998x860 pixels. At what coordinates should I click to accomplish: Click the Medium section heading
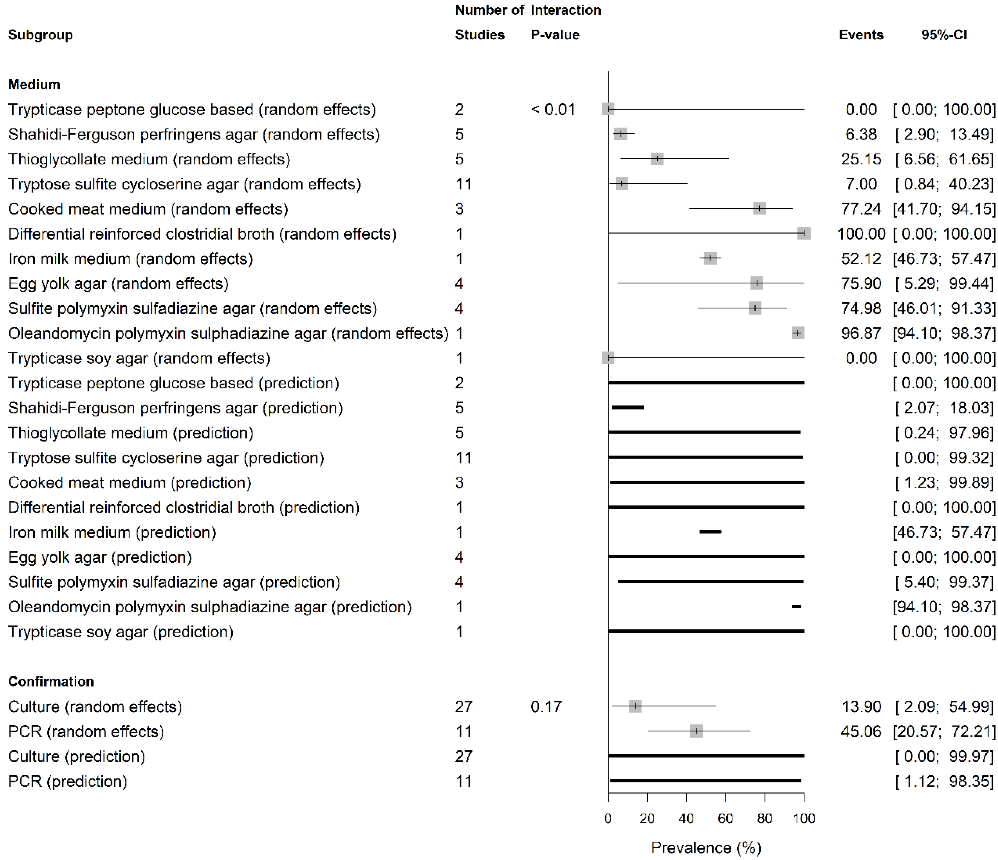pos(34,85)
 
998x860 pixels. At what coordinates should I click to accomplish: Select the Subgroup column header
pos(40,35)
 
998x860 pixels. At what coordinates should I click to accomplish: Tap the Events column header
pos(861,35)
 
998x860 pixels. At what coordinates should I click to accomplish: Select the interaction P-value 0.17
pos(546,706)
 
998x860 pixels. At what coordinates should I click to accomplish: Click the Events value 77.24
pos(861,209)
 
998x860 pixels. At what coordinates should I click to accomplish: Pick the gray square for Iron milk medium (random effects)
pos(710,259)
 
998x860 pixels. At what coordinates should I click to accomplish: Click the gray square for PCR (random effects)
pos(696,731)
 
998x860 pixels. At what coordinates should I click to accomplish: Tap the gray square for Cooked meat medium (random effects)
pos(759,209)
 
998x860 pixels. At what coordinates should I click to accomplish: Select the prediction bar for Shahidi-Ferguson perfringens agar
pos(628,408)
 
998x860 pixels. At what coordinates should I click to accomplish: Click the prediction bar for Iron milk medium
pos(710,532)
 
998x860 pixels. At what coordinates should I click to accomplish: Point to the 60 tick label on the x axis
pos(725,819)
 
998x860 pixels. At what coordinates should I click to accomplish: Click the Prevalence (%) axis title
pos(706,847)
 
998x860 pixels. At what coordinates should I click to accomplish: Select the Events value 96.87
pos(861,333)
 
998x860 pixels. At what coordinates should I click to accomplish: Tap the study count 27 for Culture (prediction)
pos(463,756)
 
